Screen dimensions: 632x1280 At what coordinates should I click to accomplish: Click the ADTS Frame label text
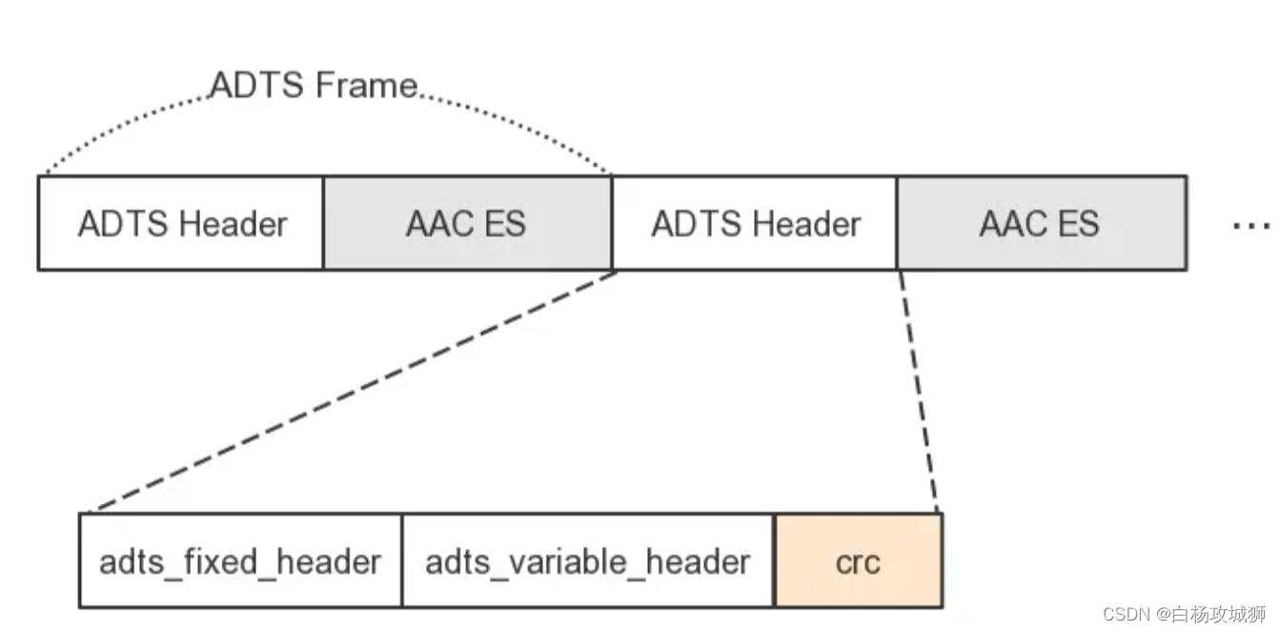coord(313,86)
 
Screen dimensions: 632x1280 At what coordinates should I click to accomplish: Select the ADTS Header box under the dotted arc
coord(181,224)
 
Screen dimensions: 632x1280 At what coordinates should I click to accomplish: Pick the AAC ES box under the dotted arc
coord(466,224)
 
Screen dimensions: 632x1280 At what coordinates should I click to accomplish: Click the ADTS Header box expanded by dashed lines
coord(755,224)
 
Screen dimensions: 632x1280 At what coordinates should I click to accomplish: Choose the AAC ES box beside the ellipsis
coord(1040,224)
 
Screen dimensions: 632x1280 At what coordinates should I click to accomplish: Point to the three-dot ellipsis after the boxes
coord(1250,226)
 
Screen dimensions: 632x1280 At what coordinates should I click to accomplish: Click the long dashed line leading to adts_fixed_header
coord(353,392)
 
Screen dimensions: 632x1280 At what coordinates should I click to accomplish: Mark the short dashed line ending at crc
coord(919,392)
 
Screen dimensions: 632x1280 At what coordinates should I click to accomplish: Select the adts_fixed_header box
coord(240,561)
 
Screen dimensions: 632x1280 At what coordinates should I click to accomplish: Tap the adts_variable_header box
coord(587,561)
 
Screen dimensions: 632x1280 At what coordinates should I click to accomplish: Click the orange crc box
coord(858,561)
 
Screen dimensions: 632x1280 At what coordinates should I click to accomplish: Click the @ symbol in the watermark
coord(1164,614)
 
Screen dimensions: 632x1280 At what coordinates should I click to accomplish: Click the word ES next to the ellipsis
coord(1075,224)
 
